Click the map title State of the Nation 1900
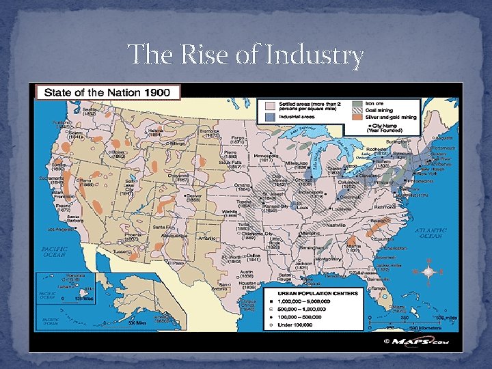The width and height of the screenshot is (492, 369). [x=107, y=92]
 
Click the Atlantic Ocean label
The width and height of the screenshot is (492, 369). [x=430, y=233]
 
